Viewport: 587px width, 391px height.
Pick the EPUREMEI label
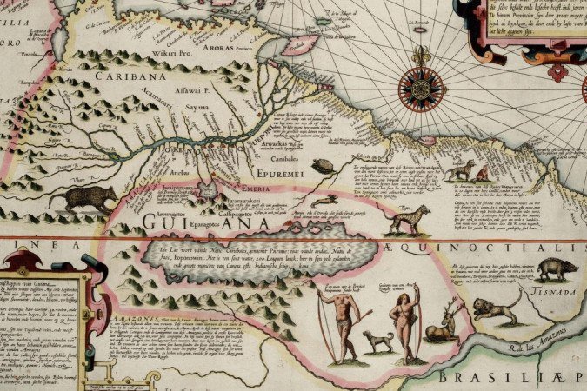[283, 171]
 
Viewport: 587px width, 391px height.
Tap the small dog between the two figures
[378, 341]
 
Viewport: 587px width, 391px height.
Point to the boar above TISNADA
[557, 269]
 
